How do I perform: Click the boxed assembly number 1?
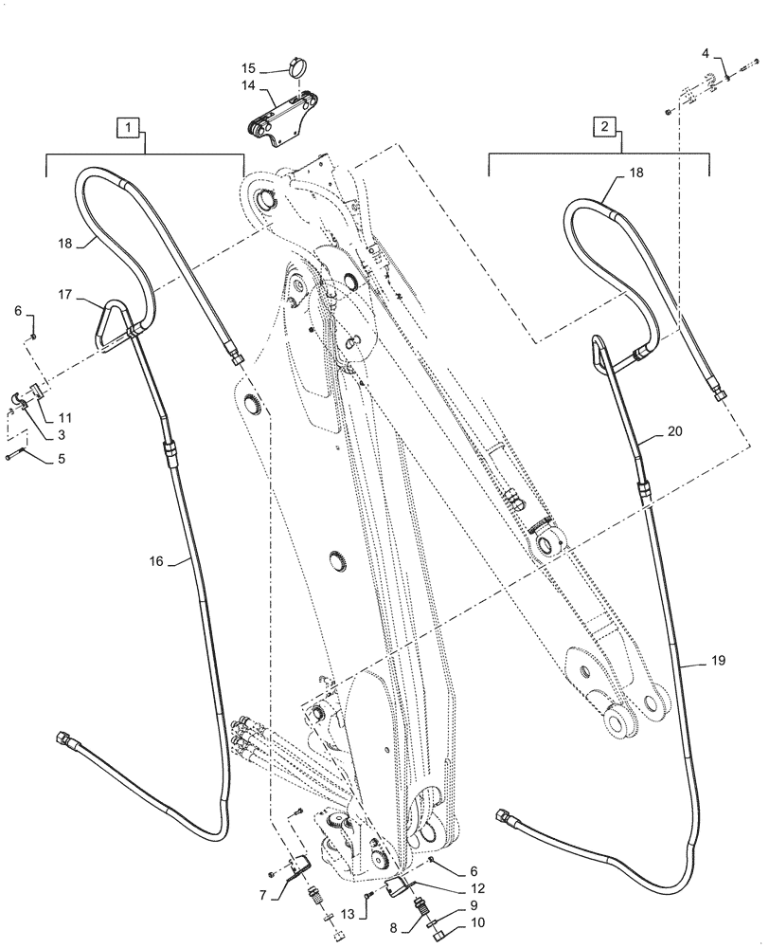(x=129, y=125)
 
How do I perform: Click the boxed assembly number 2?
(x=602, y=125)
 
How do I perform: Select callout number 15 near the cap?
(x=248, y=69)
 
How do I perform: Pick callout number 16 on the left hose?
(x=156, y=562)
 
